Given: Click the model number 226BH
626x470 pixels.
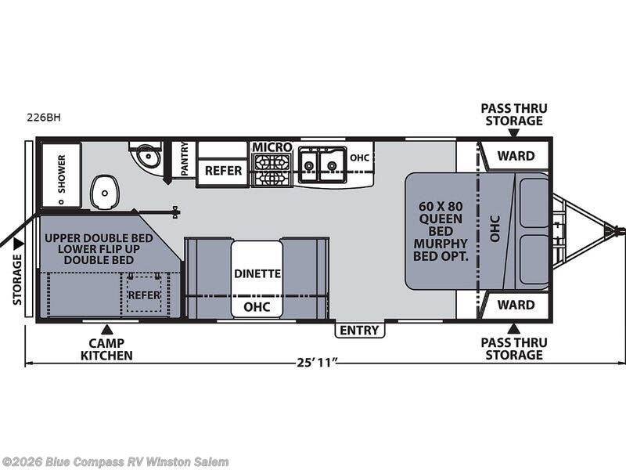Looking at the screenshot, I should pos(43,117).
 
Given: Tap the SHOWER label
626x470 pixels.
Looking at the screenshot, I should pos(61,173).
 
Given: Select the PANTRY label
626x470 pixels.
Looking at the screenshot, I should pos(184,159).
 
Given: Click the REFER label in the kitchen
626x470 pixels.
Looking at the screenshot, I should pos(222,170).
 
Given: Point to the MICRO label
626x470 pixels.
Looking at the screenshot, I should pos(272,147).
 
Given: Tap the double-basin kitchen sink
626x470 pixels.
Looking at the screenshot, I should pos(322,162).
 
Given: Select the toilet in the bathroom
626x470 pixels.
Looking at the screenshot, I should pos(105,191).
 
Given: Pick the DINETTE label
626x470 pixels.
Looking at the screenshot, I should pos(257,273).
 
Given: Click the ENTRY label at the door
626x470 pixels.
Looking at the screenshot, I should pos(361,330).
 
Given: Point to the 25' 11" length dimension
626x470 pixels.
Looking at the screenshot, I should pos(316,363).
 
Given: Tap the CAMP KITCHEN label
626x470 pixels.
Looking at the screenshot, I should pos(106,349).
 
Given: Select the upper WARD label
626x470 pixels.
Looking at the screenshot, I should pos(516,155).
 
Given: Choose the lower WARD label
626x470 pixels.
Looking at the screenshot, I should pos(516,304).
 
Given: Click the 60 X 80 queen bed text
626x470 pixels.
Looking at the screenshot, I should pos(441,231).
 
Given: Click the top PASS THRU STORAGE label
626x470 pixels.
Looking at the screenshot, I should pos(513,114).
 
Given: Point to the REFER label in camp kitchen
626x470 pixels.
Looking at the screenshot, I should pos(144,295).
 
